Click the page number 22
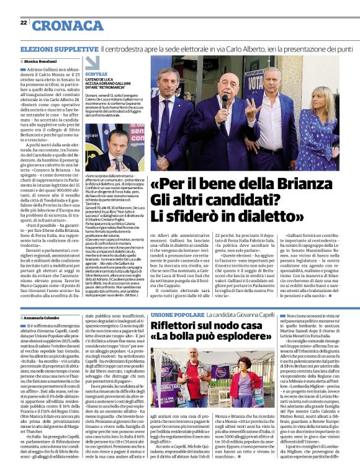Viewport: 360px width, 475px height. pyautogui.click(x=24, y=23)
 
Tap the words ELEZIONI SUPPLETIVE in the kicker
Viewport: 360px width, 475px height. pyautogui.click(x=51, y=48)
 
